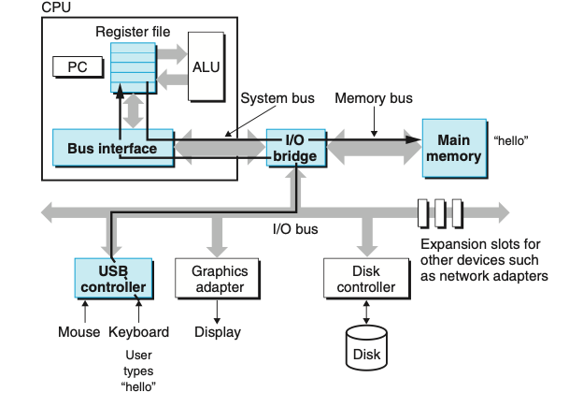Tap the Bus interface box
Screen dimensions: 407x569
[x=112, y=149]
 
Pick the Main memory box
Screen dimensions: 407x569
[x=453, y=148]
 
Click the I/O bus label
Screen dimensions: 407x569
[x=294, y=227]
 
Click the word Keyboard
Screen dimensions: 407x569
[x=138, y=332]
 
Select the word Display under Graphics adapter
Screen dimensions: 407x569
[x=218, y=332]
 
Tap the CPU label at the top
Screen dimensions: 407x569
[x=56, y=7]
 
